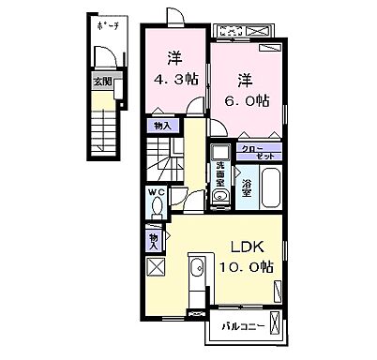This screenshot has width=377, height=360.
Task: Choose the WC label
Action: (x=155, y=195)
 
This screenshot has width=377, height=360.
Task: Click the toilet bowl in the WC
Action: (x=155, y=210)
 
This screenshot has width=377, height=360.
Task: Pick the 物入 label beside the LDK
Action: (x=153, y=241)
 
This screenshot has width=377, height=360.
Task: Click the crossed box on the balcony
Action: (x=273, y=327)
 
